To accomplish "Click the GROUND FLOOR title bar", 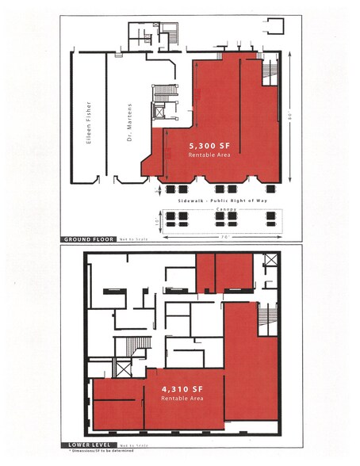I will tap(87, 238).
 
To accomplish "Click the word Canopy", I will tap(217, 210).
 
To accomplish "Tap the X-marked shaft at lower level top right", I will tap(270, 262).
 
